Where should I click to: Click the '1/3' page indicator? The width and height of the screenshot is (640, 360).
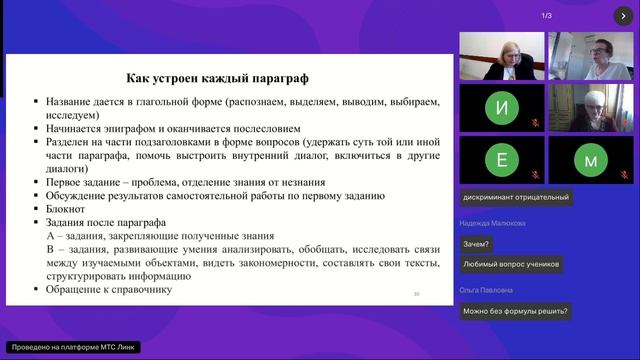547,15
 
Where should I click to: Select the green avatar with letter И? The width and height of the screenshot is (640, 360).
501,106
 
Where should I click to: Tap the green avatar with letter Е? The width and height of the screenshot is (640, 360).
501,159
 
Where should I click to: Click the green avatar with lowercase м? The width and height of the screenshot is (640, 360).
590,159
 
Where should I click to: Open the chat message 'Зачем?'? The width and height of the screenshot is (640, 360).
476,244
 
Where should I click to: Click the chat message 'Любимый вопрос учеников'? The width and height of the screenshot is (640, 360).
510,264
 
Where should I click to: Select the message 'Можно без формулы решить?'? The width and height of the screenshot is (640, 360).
515,310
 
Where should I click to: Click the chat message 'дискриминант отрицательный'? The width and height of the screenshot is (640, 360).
515,197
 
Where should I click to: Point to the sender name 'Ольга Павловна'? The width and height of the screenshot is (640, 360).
487,290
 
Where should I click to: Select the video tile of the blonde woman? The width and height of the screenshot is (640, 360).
501,56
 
